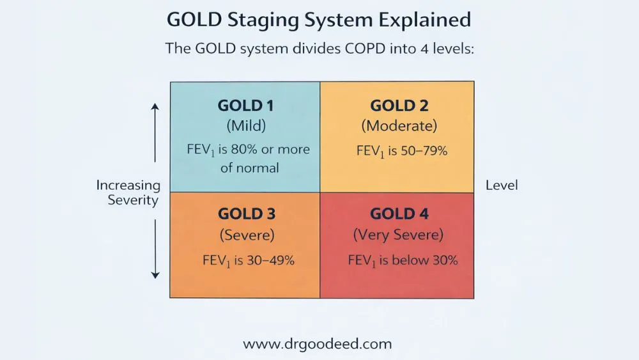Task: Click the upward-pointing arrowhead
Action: [x=155, y=109]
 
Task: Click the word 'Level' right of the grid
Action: [x=502, y=185]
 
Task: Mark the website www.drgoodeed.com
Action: [x=318, y=344]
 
